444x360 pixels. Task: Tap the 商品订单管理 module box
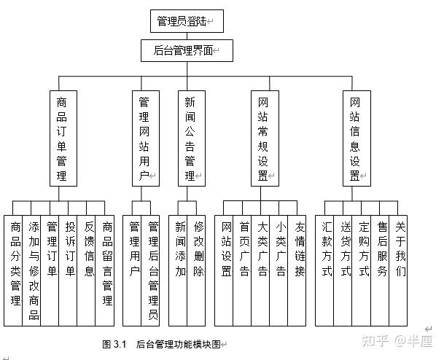click(62, 138)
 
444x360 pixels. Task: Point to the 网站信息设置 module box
click(355, 138)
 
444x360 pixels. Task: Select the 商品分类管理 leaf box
click(15, 270)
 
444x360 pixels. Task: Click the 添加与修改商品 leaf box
click(34, 270)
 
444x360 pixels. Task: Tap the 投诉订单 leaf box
click(70, 270)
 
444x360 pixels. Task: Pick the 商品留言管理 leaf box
click(106, 270)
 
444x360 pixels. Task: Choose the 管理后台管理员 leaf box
click(153, 270)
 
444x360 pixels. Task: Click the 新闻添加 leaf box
click(179, 270)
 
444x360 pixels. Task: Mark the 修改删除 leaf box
click(198, 270)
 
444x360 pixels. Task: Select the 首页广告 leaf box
click(244, 270)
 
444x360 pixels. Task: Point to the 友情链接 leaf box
click(299, 270)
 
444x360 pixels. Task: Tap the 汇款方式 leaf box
click(327, 270)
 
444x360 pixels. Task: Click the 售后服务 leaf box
click(382, 270)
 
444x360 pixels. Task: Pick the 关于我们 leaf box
click(400, 270)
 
